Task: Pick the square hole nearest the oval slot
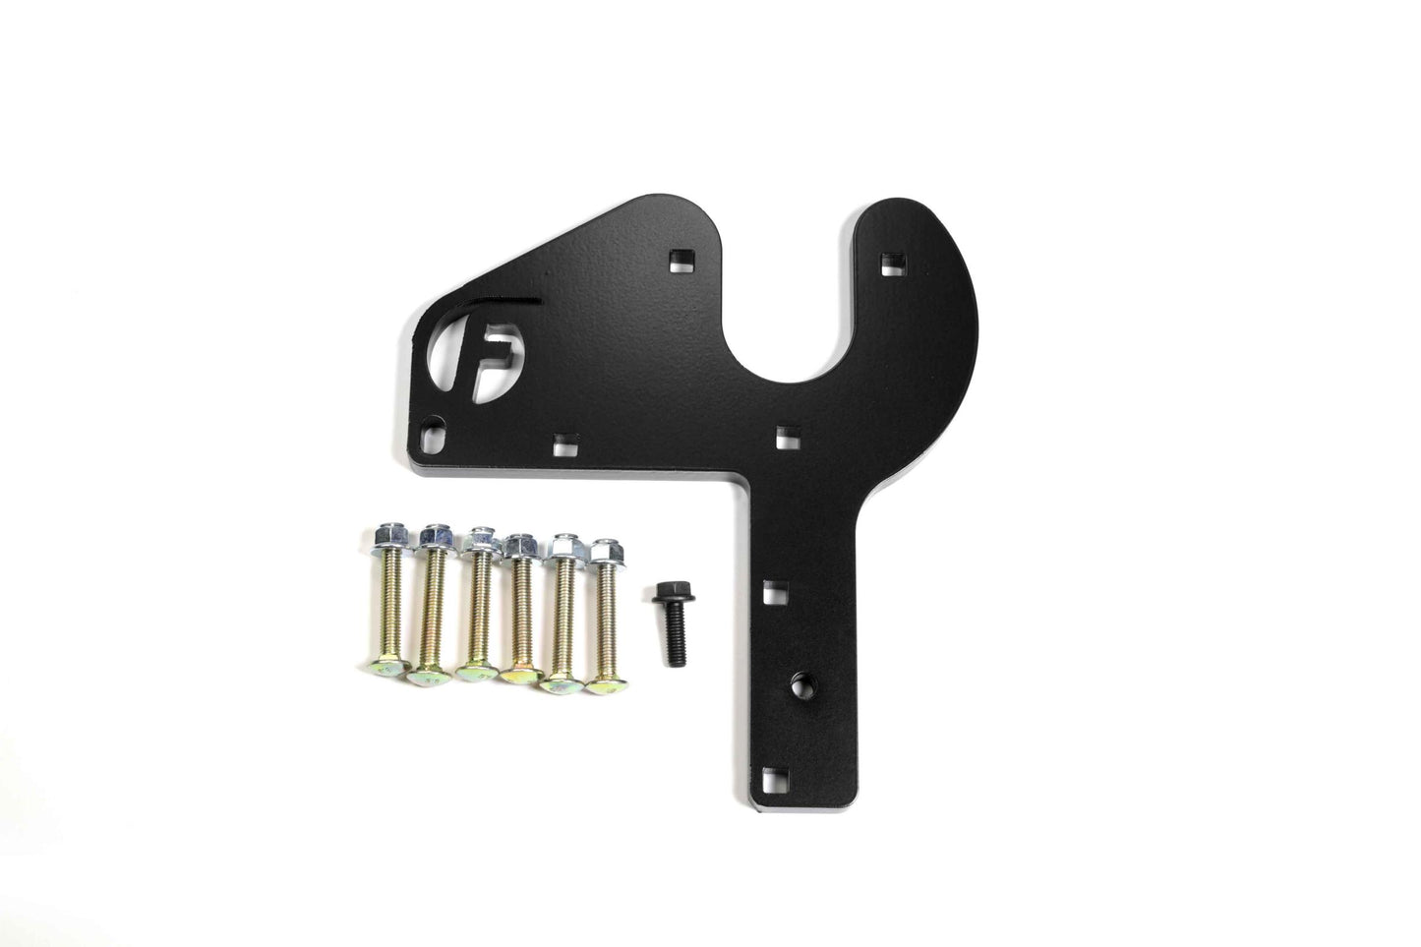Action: [x=562, y=444]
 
